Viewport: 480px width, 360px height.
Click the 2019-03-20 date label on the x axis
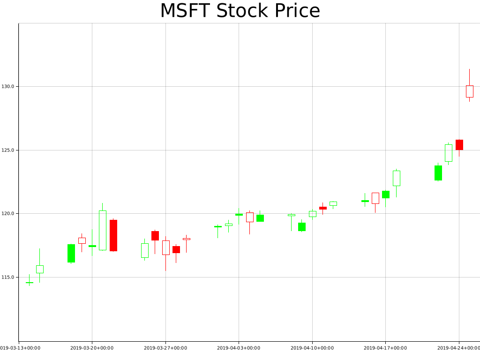tap(92, 348)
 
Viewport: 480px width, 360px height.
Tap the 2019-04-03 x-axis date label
tap(239, 348)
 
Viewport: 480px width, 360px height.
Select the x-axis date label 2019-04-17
tap(385, 348)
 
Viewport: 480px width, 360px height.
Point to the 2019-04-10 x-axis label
tap(312, 348)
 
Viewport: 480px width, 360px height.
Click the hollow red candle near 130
tap(469, 91)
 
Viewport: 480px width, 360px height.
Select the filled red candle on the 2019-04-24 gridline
tap(459, 145)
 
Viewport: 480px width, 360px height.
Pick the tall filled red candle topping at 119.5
tap(113, 235)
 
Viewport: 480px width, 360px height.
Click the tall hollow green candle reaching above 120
tap(103, 230)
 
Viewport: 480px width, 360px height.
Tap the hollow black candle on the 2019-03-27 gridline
tap(165, 247)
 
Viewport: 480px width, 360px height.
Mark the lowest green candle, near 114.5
tap(29, 283)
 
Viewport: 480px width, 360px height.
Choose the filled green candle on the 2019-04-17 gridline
tap(385, 195)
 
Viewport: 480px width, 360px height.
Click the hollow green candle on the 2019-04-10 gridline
tap(312, 214)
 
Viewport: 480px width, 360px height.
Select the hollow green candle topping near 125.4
tap(448, 153)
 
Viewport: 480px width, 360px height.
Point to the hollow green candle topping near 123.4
tap(396, 178)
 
